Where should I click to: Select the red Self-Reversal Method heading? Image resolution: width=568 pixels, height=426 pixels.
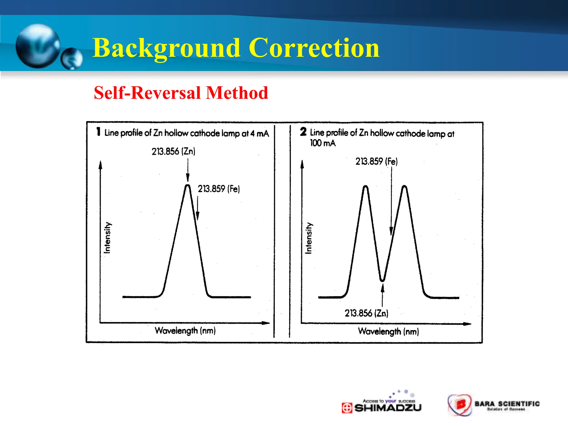(x=181, y=93)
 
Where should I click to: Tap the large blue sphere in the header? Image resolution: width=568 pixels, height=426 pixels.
(x=38, y=46)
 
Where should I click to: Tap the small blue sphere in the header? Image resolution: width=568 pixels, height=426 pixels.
(x=72, y=59)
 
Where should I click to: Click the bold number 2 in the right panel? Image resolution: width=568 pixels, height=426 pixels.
(x=303, y=131)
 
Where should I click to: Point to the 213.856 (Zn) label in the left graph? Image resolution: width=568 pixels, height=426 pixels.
(x=173, y=151)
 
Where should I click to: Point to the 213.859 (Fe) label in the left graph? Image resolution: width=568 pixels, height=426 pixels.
(x=219, y=189)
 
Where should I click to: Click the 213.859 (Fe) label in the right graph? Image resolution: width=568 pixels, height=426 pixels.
(x=376, y=161)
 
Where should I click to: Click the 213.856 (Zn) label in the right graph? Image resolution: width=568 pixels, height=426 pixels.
(x=366, y=313)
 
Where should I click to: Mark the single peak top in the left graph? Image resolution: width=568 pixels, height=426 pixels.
(x=188, y=186)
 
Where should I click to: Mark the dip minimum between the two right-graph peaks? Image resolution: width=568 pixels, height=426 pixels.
(x=382, y=280)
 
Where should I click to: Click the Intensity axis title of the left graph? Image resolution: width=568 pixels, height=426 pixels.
(x=107, y=238)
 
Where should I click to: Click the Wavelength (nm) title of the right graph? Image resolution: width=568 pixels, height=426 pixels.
(x=388, y=331)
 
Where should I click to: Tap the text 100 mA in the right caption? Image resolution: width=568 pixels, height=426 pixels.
(x=323, y=143)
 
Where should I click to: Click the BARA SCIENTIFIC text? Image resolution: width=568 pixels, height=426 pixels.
(x=507, y=404)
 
